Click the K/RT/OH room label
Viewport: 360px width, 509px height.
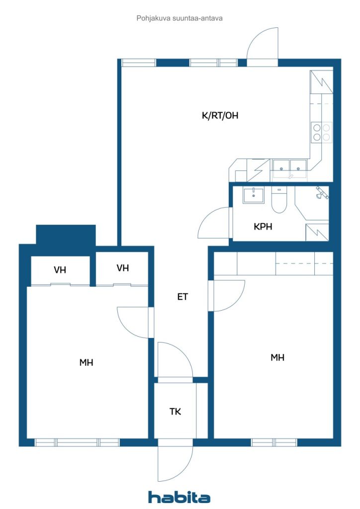220,115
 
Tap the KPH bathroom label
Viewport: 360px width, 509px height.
263,226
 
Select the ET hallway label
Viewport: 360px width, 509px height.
182,296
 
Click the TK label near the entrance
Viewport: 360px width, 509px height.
176,412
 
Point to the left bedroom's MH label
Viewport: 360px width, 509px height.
87,362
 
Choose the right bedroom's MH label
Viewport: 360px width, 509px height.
277,357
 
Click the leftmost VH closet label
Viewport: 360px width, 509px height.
60,270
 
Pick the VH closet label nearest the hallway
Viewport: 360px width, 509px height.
123,268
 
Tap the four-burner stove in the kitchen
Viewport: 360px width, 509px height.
321,132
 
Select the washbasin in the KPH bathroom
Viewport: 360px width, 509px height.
254,195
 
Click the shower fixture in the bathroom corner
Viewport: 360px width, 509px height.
322,193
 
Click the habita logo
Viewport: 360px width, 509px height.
179,497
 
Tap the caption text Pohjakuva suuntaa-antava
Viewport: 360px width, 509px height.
180,18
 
